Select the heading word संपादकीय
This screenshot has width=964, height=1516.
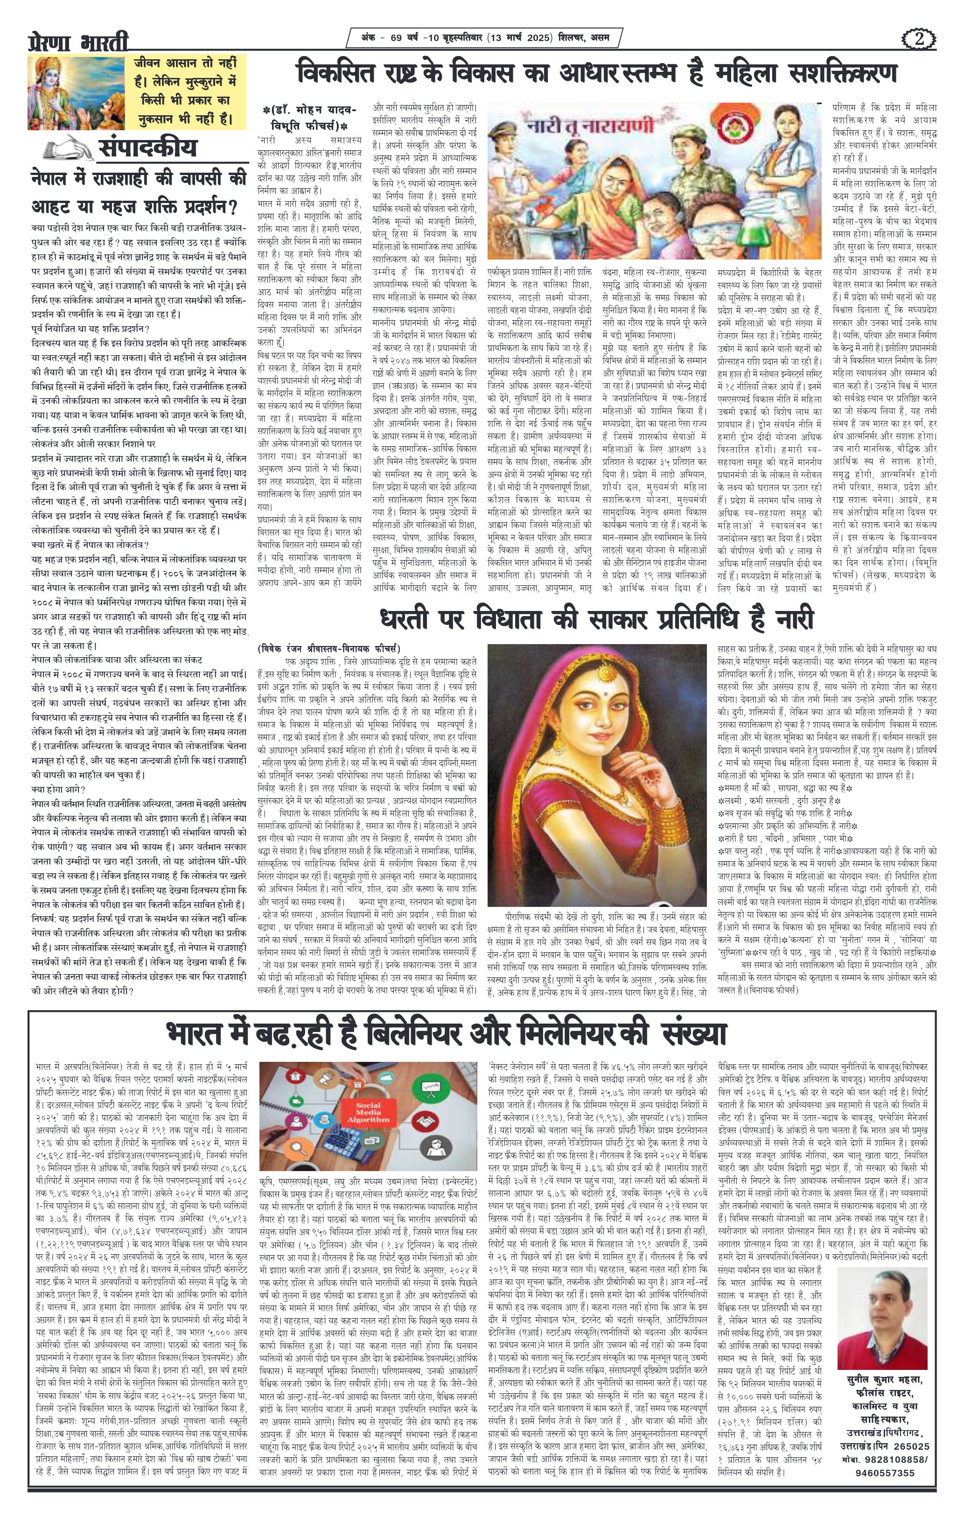pos(147,148)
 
